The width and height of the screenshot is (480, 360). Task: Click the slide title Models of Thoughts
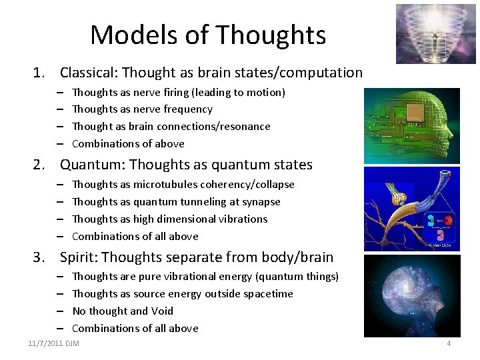208,35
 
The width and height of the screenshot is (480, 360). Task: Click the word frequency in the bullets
187,109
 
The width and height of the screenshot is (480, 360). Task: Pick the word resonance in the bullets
247,127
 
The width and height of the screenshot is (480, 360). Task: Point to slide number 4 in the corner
449,343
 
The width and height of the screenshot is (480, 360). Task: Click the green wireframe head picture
421,125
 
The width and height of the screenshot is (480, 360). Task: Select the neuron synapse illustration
421,208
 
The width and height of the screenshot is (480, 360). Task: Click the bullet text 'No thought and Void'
123,311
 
